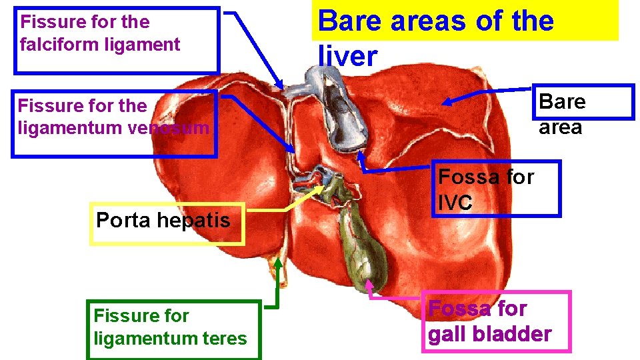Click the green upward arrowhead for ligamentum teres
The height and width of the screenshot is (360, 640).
click(278, 263)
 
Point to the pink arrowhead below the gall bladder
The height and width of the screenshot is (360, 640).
click(372, 287)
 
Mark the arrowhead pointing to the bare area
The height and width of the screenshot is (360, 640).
click(448, 102)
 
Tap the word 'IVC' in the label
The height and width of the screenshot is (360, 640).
click(456, 203)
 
